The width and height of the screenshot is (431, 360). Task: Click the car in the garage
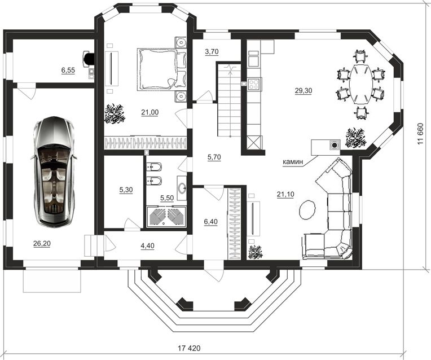(54, 172)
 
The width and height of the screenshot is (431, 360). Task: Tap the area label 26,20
(42, 244)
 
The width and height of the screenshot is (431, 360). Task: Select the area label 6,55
(68, 71)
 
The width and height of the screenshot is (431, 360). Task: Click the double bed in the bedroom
(162, 69)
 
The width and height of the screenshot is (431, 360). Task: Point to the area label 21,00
(150, 112)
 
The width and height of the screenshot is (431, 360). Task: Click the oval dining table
(360, 84)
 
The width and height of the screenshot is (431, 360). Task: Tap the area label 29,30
(303, 90)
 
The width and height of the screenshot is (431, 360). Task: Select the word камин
(293, 162)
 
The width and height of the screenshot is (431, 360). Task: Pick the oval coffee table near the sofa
(307, 209)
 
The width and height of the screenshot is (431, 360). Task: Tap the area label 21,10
(285, 195)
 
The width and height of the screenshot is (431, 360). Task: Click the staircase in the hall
(229, 100)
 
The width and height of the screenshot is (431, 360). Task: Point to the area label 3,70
(212, 51)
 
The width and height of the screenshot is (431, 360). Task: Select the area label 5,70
(214, 157)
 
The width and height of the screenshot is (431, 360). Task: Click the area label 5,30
(126, 190)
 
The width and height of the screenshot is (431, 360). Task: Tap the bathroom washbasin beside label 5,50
(182, 188)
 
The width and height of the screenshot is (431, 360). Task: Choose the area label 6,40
(211, 221)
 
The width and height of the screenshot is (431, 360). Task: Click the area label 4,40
(147, 245)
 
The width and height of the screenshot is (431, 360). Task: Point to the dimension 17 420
(189, 349)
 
